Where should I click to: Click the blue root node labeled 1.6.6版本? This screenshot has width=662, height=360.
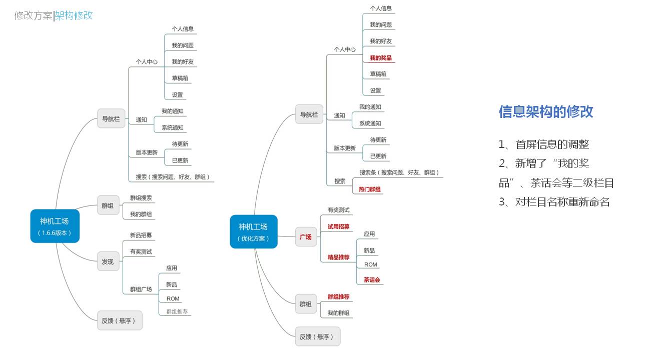(x=55, y=226)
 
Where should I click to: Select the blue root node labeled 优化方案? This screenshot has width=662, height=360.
(x=254, y=232)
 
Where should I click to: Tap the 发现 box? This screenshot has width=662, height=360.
(x=108, y=261)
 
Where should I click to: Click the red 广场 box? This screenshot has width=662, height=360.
(x=306, y=236)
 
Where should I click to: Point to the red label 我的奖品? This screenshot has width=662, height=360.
(x=381, y=58)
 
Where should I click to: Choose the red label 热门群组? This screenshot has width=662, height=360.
(x=370, y=189)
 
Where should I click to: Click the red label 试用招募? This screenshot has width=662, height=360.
(x=339, y=226)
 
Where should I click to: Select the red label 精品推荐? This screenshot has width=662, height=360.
(x=339, y=257)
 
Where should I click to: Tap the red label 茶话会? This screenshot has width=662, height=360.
(x=372, y=280)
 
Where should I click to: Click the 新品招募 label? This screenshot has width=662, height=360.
(x=141, y=235)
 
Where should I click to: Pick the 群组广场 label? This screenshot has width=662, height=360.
(x=141, y=289)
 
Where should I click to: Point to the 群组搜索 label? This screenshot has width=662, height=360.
(x=141, y=198)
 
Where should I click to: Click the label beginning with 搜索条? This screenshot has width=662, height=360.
(x=399, y=172)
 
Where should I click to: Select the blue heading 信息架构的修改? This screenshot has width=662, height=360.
(x=546, y=111)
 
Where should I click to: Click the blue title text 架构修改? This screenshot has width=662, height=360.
(x=74, y=15)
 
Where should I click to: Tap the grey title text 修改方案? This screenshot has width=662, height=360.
(x=33, y=15)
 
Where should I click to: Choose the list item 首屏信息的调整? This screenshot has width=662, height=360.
(x=552, y=145)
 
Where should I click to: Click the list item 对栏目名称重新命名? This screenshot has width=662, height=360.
(x=562, y=202)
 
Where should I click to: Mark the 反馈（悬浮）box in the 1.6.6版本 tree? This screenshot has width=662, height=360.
(x=120, y=320)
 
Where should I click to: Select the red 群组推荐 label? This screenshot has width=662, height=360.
(x=339, y=297)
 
